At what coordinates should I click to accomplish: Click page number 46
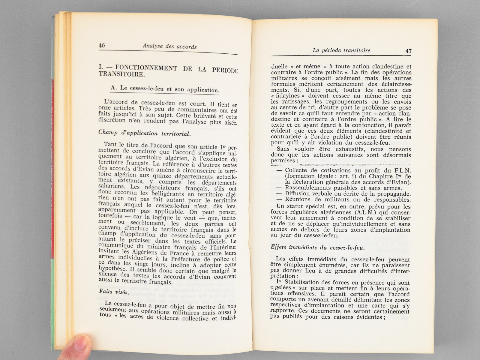[x=102, y=46]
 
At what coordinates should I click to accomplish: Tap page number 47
[x=408, y=51]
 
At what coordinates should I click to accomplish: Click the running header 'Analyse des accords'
[x=170, y=46]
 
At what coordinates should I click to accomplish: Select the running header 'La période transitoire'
[x=341, y=50]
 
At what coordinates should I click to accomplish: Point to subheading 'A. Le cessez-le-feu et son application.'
[x=165, y=89]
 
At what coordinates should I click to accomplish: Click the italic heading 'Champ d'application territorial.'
[x=144, y=133]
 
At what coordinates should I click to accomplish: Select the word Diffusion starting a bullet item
[x=298, y=194]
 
